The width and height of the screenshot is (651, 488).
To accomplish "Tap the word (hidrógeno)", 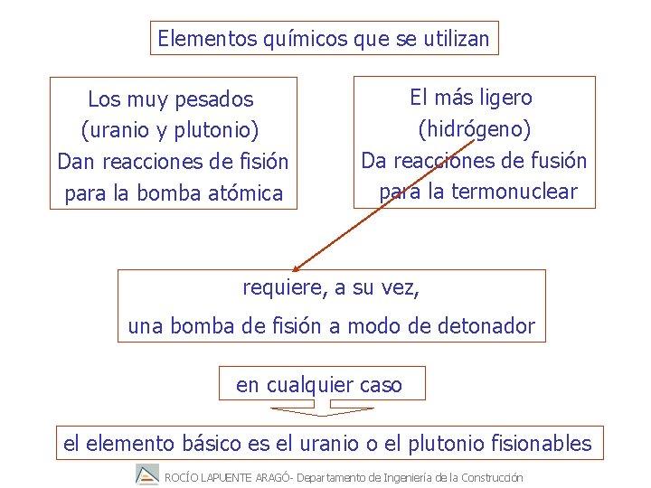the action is [474, 129].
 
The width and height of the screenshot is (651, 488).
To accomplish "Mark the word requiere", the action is [283, 288].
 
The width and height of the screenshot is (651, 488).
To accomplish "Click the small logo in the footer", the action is [146, 475].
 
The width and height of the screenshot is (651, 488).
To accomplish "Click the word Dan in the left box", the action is [75, 162].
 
